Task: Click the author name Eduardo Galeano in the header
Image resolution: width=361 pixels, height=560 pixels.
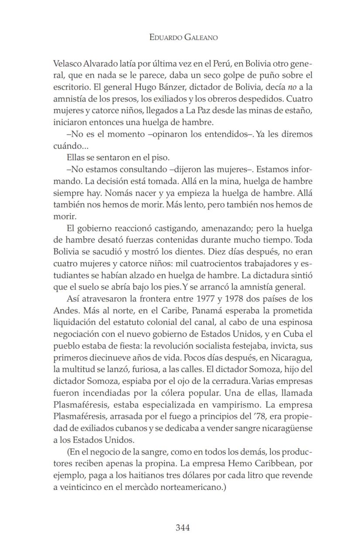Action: click(183, 37)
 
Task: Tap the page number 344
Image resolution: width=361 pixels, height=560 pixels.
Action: click(183, 528)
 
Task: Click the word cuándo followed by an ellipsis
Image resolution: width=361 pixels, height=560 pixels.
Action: click(68, 146)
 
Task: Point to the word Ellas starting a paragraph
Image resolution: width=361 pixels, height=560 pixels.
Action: click(77, 157)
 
